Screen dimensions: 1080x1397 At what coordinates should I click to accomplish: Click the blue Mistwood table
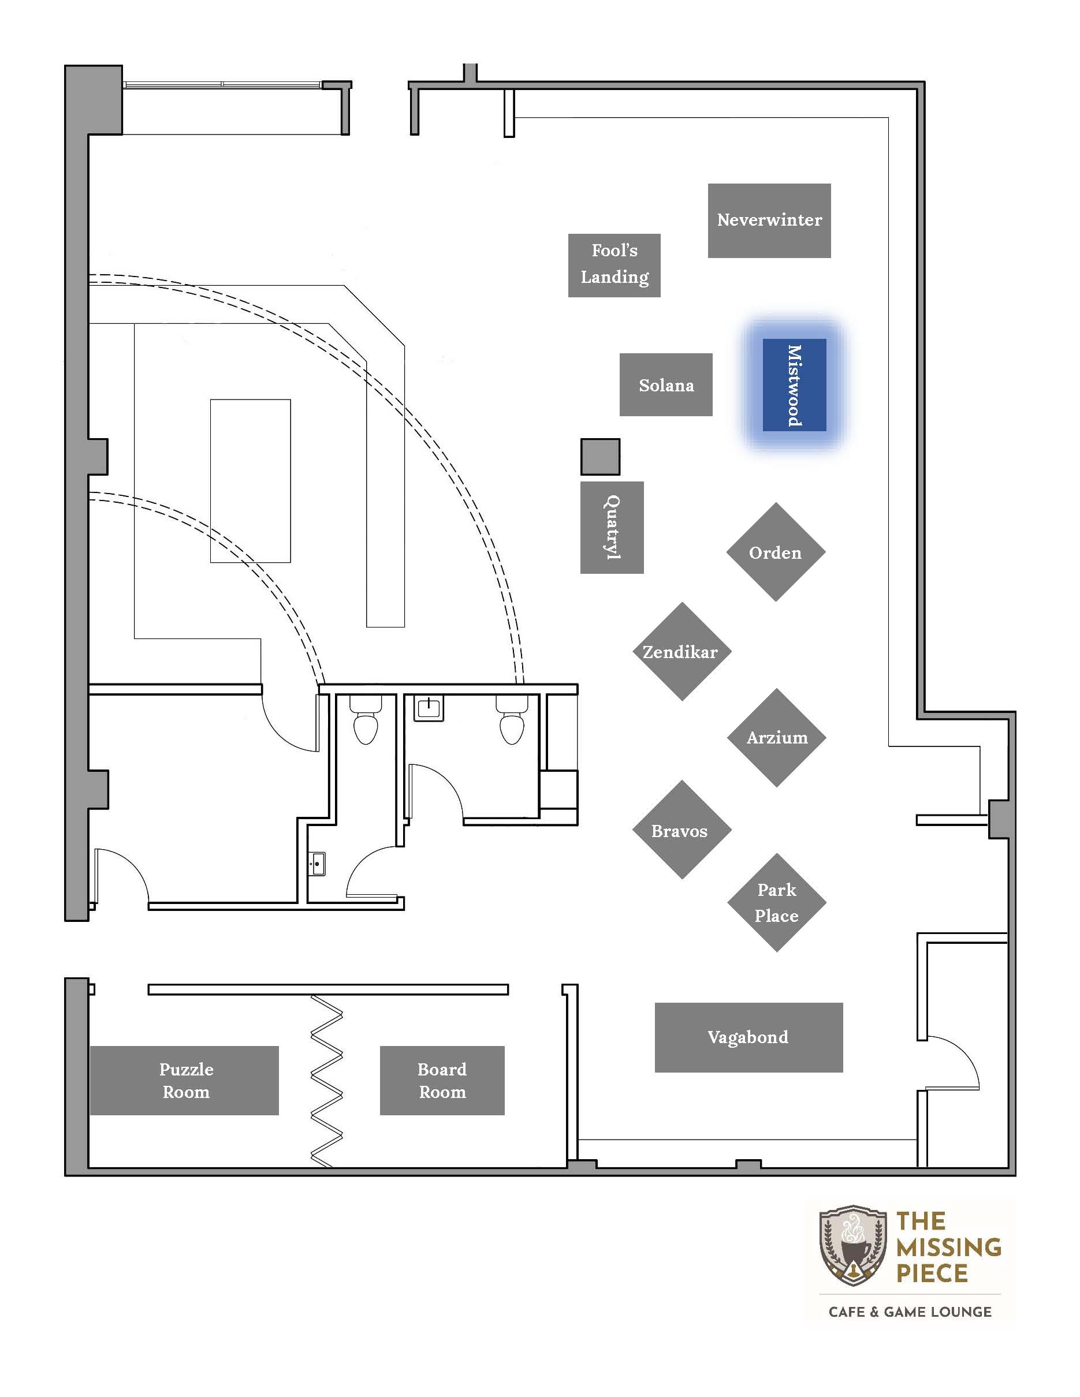(794, 385)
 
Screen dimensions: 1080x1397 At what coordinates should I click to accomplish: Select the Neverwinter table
(769, 221)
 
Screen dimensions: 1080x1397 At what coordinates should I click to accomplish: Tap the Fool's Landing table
(615, 266)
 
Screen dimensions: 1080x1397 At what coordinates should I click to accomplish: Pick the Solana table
(666, 384)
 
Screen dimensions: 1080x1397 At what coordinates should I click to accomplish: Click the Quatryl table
(612, 528)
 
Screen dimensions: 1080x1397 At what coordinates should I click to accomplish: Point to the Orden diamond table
(776, 552)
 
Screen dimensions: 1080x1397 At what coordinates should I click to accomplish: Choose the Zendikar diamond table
(682, 651)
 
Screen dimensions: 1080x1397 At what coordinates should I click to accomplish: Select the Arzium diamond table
(777, 738)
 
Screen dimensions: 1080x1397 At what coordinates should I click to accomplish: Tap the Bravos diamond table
(682, 830)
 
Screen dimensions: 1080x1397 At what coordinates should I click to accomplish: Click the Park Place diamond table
(777, 902)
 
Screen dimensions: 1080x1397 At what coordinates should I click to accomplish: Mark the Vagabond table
(748, 1037)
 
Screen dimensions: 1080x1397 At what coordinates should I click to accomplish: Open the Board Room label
(442, 1081)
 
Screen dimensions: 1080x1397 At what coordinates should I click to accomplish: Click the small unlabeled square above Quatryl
(600, 457)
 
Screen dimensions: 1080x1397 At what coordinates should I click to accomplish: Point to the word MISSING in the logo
(948, 1247)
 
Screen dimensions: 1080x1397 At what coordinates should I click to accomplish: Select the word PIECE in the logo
(932, 1273)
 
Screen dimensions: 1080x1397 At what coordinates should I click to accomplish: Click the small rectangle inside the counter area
(250, 481)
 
